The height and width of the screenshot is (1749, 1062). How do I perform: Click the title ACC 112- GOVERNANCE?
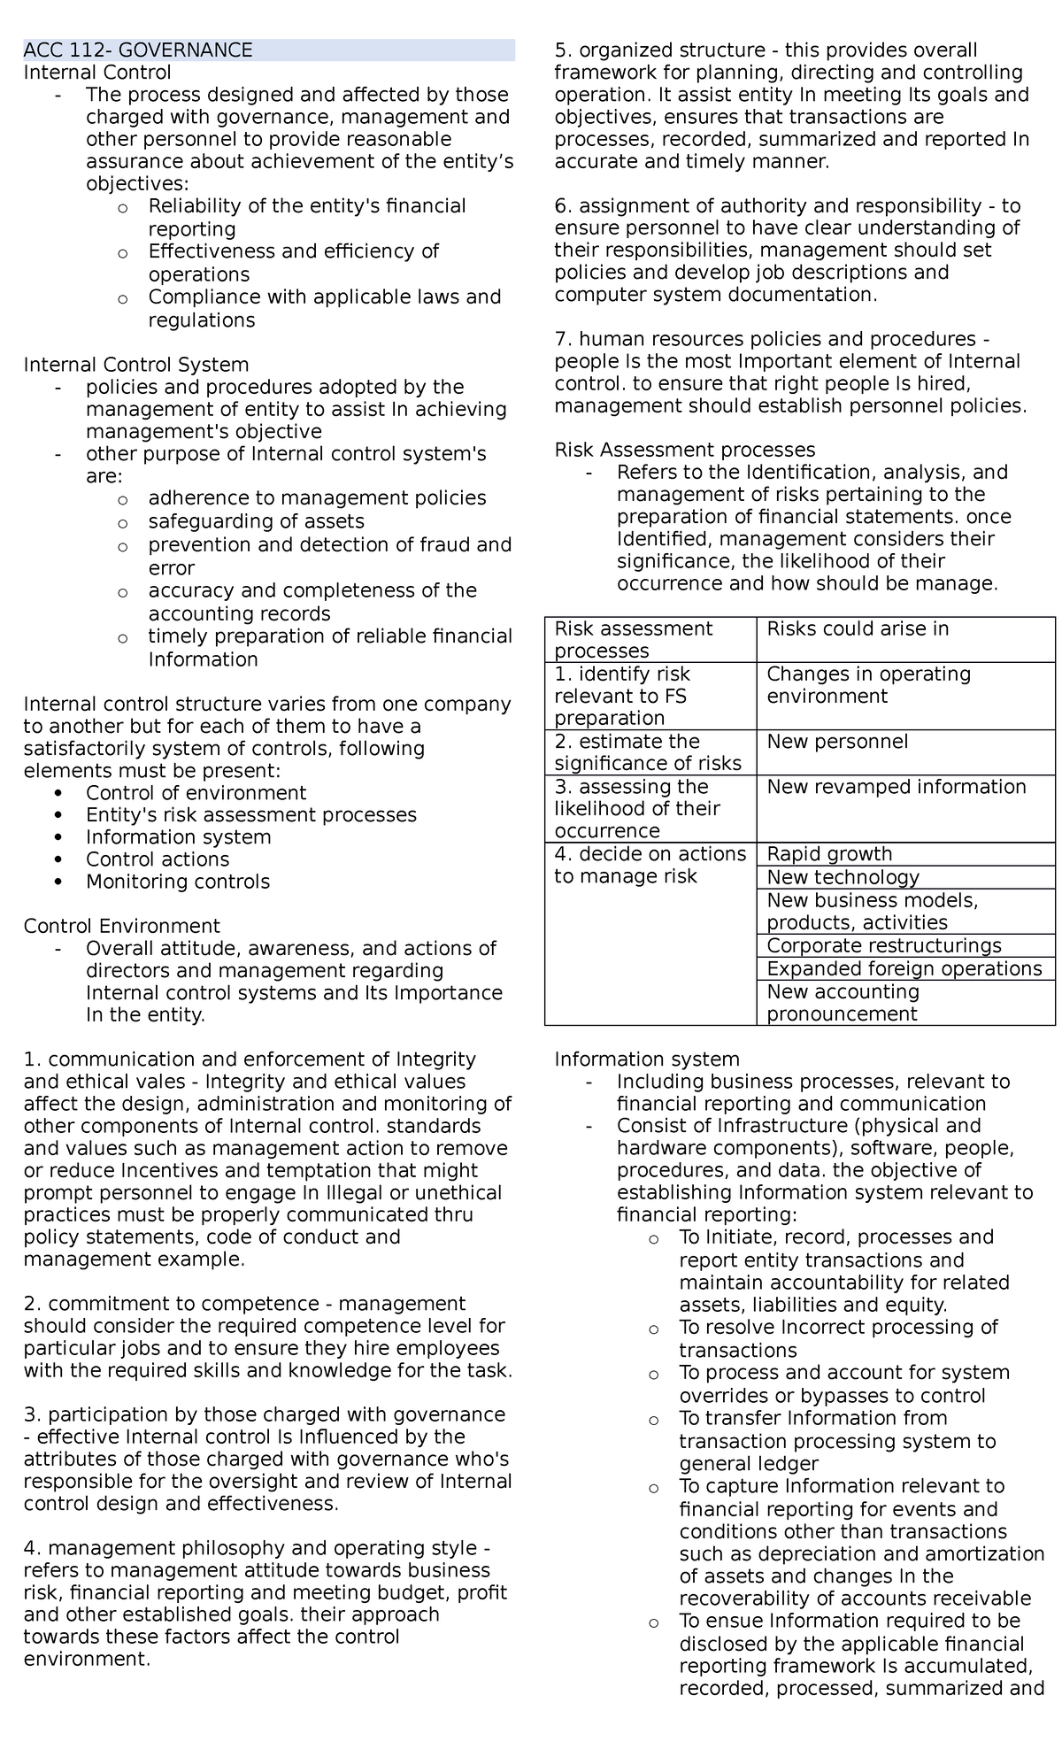click(138, 50)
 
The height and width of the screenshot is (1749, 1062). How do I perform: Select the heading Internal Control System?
click(136, 365)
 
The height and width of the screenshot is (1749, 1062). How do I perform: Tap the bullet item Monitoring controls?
click(177, 882)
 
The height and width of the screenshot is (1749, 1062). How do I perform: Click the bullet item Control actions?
click(157, 859)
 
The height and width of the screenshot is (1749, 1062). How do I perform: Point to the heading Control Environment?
click(121, 926)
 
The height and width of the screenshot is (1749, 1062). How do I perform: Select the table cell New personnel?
click(837, 742)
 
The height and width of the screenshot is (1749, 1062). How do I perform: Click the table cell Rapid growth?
click(829, 854)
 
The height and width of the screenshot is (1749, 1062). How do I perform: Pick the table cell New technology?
click(843, 877)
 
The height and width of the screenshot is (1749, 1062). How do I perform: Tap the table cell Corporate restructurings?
click(883, 945)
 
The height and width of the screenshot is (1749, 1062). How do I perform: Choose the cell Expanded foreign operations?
click(904, 968)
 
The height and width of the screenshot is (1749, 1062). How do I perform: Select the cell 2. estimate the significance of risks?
click(647, 752)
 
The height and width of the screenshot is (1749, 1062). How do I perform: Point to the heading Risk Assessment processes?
click(684, 450)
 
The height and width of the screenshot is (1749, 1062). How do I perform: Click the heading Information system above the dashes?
click(646, 1059)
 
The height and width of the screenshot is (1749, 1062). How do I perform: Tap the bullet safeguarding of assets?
click(256, 521)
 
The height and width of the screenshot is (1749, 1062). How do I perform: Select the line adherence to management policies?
click(317, 498)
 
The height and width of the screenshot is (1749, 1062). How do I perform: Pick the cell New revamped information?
click(896, 787)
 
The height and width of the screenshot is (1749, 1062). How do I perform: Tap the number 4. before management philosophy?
click(33, 1548)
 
